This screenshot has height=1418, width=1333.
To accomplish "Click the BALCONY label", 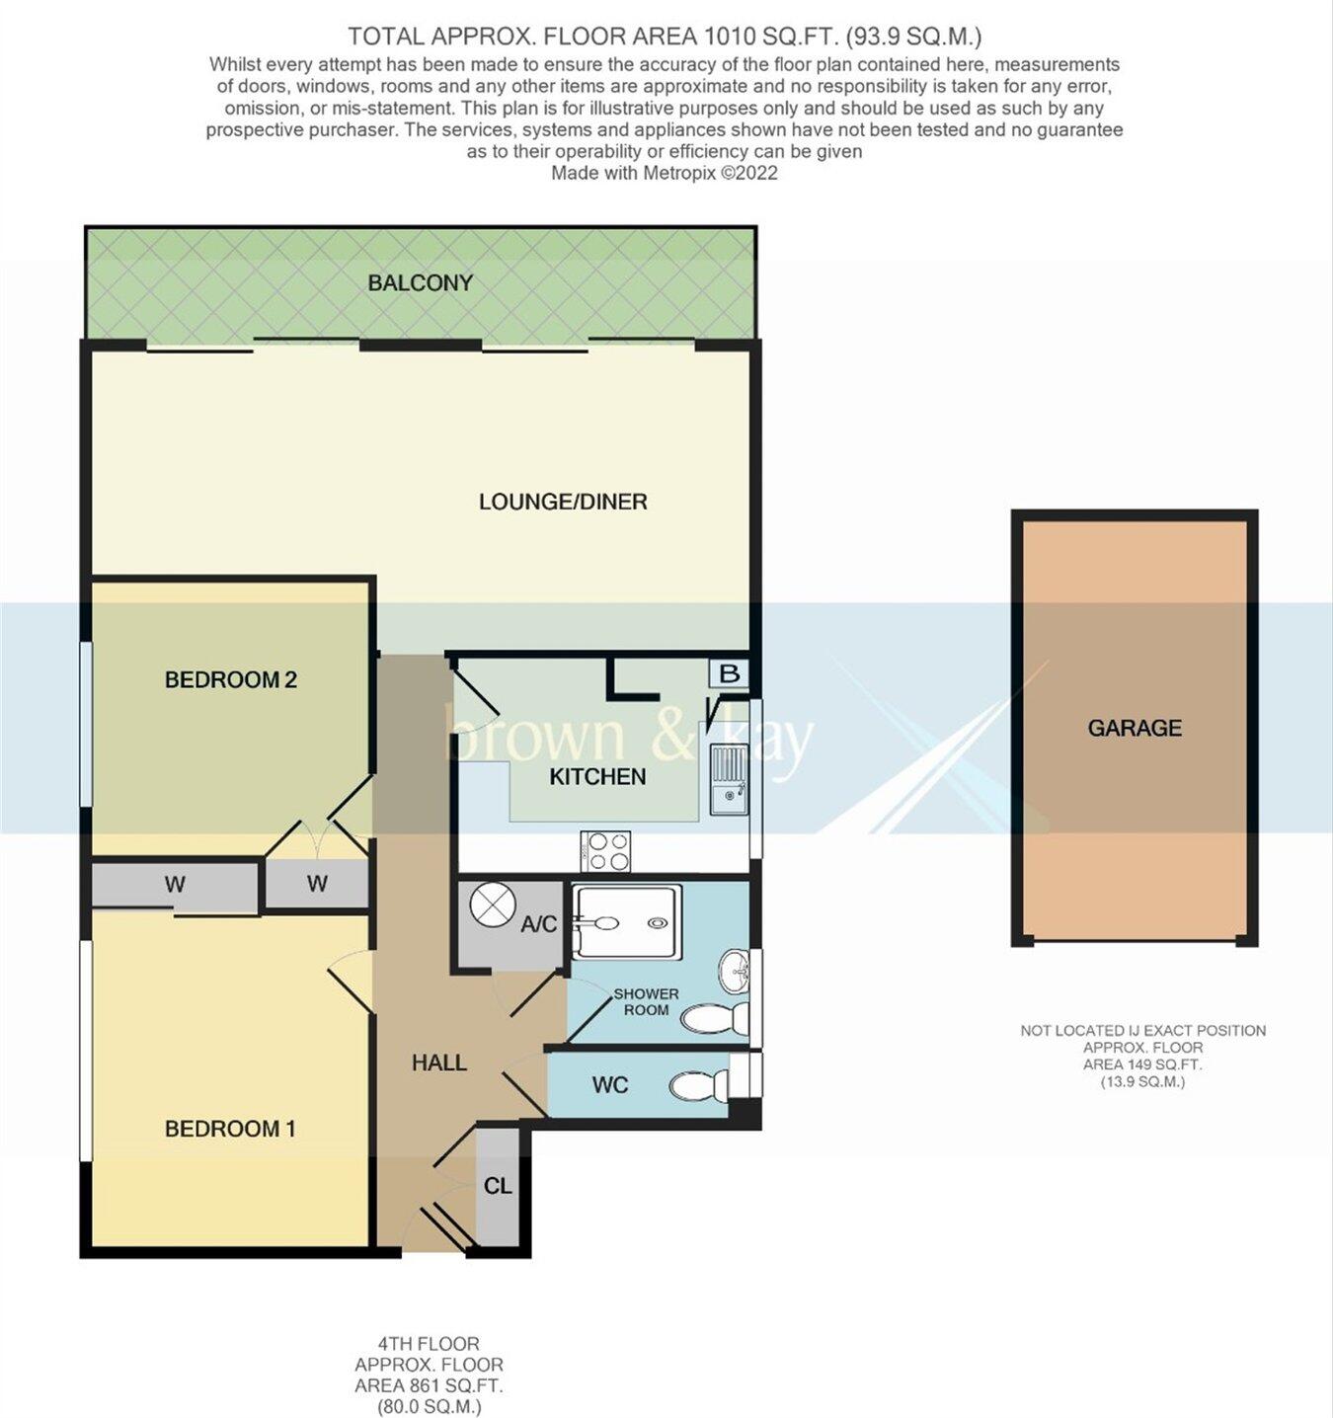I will point(420,283).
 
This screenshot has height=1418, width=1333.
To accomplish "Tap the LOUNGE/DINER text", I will point(563,502).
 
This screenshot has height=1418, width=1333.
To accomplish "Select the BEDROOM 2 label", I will point(230,679).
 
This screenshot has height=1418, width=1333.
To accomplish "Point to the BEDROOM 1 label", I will point(229,1129).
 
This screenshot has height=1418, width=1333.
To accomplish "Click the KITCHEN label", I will point(597,777).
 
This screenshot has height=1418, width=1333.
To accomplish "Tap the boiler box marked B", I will point(730,674).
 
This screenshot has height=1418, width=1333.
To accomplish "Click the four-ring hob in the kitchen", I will point(606,851).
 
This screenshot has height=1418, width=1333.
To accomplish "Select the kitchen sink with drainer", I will point(729,777).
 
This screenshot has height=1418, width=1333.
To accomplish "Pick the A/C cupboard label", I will point(538,924).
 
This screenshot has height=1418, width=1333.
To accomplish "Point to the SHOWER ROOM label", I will point(646,1001).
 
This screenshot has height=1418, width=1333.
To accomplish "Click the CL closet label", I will point(498,1185).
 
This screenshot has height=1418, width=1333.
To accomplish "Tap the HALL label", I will point(438,1063).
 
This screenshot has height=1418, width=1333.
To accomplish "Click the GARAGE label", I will point(1135,728).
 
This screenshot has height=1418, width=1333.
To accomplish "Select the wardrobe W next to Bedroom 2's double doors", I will point(317,884).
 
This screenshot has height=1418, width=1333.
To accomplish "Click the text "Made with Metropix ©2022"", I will point(665,174).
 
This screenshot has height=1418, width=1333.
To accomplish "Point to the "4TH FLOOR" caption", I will point(429,1344).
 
